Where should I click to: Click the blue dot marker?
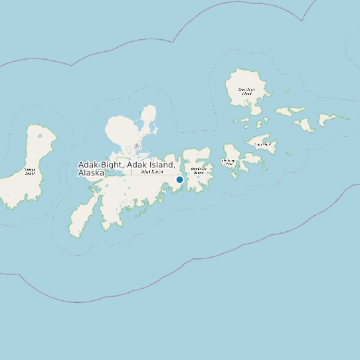(x=179, y=179)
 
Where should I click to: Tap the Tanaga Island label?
(x=30, y=171)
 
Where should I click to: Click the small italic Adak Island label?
(x=152, y=171)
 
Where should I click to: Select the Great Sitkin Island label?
(x=246, y=91)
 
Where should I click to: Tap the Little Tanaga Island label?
(x=229, y=161)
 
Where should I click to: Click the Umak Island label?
(x=263, y=143)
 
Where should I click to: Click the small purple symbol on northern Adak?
(x=137, y=145)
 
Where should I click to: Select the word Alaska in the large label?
(x=91, y=173)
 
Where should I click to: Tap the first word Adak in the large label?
(x=88, y=164)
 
